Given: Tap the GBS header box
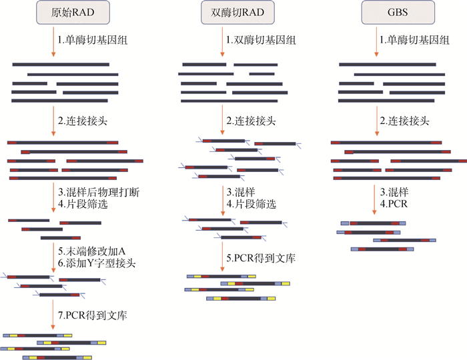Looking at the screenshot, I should [391, 12].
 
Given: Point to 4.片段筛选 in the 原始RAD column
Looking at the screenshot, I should [83, 204].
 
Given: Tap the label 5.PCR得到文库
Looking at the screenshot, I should [261, 257].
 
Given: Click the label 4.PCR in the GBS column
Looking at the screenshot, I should [394, 204].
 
